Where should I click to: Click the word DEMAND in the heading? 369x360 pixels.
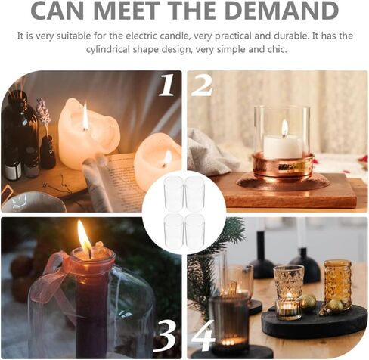click(283, 10)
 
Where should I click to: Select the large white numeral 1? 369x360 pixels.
click(167, 85)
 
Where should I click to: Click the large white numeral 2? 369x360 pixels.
click(202, 85)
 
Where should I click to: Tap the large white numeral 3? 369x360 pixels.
click(166, 337)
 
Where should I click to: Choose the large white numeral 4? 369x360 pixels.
click(203, 336)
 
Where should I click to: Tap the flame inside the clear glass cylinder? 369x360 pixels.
click(285, 128)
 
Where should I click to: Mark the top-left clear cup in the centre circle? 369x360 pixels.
click(173, 194)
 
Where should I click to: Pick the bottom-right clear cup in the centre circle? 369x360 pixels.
click(194, 232)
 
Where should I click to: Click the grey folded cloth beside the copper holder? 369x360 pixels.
click(210, 154)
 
